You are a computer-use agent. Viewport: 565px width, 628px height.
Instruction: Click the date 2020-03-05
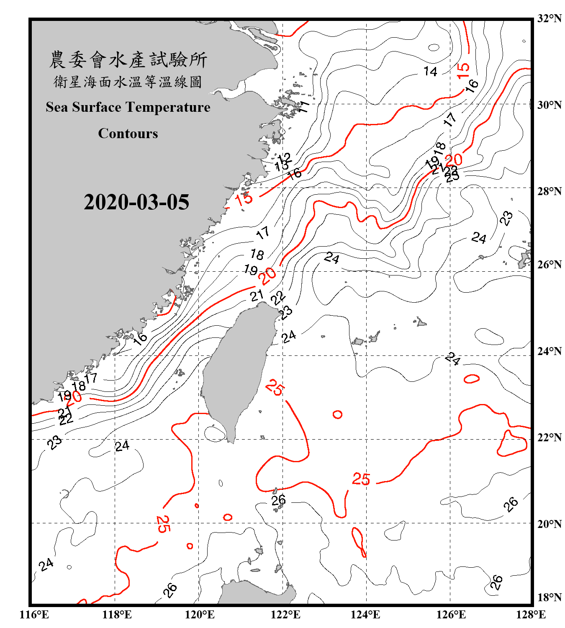click(136, 202)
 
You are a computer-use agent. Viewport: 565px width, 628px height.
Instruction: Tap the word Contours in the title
click(128, 134)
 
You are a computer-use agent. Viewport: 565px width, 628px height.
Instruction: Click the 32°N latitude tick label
click(550, 18)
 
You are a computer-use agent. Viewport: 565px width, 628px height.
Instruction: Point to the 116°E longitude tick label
click(34, 615)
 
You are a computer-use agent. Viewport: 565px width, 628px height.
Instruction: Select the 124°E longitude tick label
click(365, 615)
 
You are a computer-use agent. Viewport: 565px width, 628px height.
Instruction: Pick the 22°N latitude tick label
click(550, 438)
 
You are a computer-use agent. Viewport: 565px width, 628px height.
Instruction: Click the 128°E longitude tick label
click(531, 615)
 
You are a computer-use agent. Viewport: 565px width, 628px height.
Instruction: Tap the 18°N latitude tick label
click(550, 597)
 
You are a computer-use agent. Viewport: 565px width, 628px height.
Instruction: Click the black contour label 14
click(430, 72)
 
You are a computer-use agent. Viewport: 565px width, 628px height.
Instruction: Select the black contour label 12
click(284, 158)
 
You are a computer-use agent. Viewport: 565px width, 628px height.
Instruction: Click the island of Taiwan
click(236, 368)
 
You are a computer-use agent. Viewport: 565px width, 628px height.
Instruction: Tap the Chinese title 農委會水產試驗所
click(128, 60)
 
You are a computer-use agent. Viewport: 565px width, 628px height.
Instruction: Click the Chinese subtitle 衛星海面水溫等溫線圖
click(128, 82)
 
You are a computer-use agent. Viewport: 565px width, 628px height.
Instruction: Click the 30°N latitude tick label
click(550, 105)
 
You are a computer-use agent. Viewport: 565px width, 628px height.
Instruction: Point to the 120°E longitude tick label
click(200, 615)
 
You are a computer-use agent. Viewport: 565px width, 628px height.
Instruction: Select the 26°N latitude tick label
click(550, 265)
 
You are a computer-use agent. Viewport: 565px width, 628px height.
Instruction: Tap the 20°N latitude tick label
click(550, 524)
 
